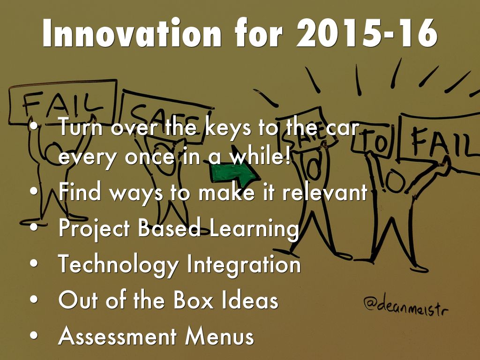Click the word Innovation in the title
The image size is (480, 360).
click(132, 33)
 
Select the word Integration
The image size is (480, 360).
click(244, 264)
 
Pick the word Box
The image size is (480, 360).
click(193, 300)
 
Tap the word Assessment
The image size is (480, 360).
click(117, 336)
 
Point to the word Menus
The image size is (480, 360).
click(219, 336)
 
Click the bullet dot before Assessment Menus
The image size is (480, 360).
click(34, 336)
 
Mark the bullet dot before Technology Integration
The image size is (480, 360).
click(34, 264)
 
